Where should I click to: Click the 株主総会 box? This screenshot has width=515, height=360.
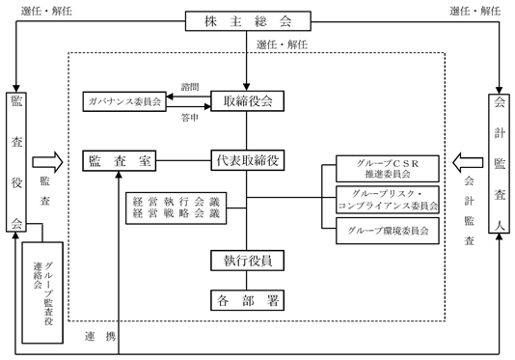point(248,21)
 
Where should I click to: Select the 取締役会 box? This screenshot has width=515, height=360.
point(247,101)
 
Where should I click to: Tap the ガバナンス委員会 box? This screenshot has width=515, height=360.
point(124,101)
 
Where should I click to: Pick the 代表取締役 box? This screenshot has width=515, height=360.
point(248,160)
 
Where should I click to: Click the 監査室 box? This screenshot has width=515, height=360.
point(120,161)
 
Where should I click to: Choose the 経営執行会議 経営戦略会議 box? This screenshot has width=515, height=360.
point(176,208)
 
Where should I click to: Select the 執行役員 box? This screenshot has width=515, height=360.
point(247,261)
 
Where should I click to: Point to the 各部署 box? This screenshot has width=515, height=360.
point(247,300)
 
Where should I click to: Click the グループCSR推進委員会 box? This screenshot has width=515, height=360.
point(388,169)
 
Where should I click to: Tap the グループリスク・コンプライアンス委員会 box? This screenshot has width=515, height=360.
point(388,200)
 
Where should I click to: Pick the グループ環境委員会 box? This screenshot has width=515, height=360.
point(388,231)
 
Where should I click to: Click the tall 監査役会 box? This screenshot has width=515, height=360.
point(16,162)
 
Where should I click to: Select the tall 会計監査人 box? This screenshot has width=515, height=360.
point(499,164)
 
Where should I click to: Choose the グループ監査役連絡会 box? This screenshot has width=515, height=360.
point(42,293)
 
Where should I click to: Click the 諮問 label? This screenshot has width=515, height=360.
point(190,87)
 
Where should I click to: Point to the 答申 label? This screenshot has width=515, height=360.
point(190,118)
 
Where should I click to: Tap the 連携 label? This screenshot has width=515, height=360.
point(100,336)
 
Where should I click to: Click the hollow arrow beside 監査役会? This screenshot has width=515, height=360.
point(47,162)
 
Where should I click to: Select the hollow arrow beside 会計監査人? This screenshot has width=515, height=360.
point(468,162)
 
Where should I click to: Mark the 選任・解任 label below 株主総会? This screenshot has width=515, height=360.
point(282,44)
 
